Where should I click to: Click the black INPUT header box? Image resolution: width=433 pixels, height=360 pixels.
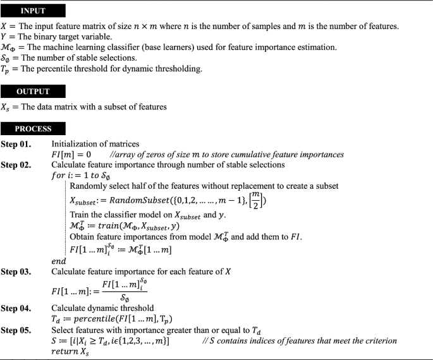(33, 11)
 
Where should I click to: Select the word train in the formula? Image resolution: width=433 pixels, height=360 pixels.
(114, 225)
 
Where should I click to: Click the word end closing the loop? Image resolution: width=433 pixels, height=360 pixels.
(58, 261)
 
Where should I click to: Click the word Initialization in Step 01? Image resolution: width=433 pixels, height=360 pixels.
(76, 144)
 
